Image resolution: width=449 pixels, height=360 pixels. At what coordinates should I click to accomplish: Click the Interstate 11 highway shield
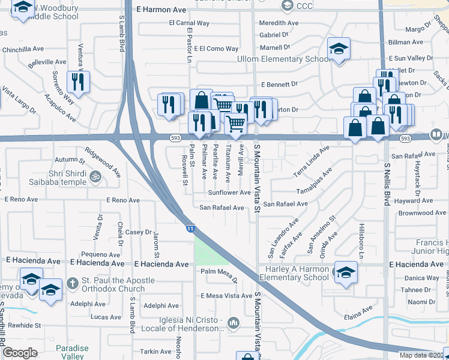click(x=190, y=229)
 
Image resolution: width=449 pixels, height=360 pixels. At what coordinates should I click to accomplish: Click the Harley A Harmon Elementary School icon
click(x=345, y=273)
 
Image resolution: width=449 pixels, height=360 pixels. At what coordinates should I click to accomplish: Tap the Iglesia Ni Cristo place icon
click(x=234, y=324)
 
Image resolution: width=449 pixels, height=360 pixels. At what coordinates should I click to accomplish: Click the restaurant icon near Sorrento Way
click(x=78, y=81)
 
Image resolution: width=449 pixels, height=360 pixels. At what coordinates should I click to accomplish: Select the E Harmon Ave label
click(x=161, y=10)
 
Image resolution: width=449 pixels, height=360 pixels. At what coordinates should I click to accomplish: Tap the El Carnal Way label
click(x=188, y=23)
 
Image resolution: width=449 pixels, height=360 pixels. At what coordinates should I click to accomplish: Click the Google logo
click(x=20, y=353)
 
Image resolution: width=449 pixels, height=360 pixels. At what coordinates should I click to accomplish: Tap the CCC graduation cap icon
click(x=286, y=5)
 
